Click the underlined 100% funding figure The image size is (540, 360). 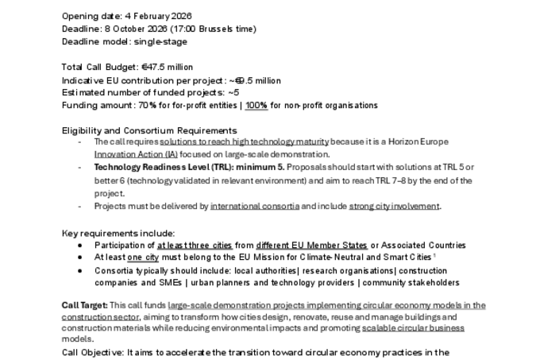(x=256, y=106)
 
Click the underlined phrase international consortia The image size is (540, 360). (x=255, y=206)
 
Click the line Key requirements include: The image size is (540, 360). (x=118, y=233)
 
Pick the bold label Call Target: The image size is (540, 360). (x=83, y=306)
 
